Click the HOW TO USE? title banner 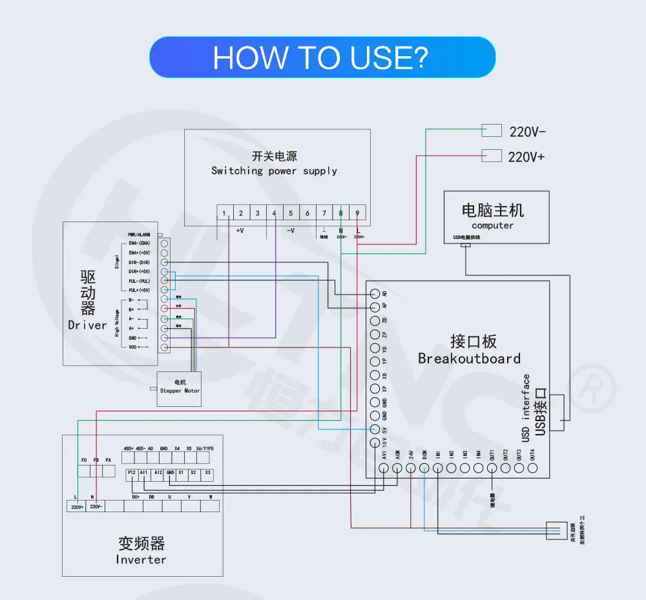(322, 57)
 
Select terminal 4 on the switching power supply (274, 213)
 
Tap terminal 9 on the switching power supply (357, 213)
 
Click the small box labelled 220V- (492, 131)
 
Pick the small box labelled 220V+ (492, 156)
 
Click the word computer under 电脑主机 (492, 225)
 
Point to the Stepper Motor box (180, 388)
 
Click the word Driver (87, 325)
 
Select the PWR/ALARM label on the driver (139, 235)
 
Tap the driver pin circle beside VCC (165, 347)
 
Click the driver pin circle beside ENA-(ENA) (165, 243)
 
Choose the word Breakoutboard (469, 358)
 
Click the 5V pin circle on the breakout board (375, 429)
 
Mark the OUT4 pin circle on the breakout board (532, 469)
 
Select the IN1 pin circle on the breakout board (438, 469)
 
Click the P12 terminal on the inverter (132, 475)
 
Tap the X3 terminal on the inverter (207, 475)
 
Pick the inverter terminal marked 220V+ (76, 507)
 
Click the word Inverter (141, 559)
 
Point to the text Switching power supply (274, 171)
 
